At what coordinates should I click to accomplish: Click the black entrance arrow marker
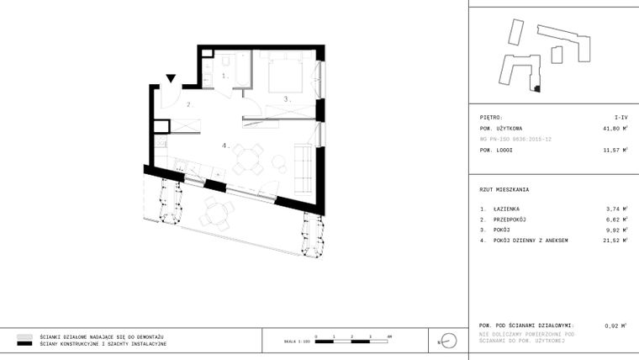tap(171, 79)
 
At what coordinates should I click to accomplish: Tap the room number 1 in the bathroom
tap(224, 76)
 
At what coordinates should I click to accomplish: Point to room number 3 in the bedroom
tap(286, 98)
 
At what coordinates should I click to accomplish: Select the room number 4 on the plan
tap(225, 146)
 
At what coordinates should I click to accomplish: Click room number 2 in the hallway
tap(189, 105)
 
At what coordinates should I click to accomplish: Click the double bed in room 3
tap(285, 75)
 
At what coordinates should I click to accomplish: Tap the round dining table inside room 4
tap(249, 158)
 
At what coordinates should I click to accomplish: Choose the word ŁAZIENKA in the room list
tap(507, 208)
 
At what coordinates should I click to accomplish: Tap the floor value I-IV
tap(621, 118)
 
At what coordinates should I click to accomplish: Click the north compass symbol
tap(449, 340)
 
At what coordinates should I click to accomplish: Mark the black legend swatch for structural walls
tap(24, 344)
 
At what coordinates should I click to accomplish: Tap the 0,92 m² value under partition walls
tap(616, 325)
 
